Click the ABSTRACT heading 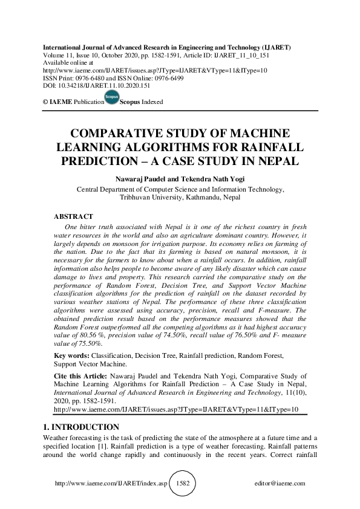point(73,216)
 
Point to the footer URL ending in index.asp point(111,484)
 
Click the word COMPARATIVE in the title point(127,134)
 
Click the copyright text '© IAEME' point(57,102)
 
